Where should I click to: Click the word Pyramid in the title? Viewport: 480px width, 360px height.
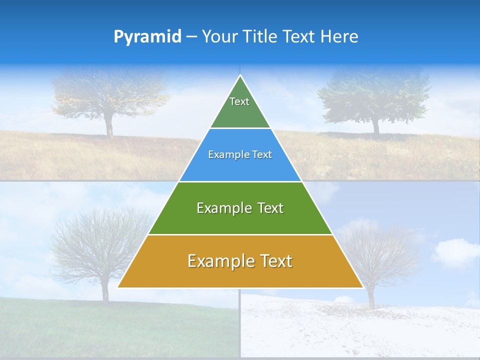pyautogui.click(x=147, y=37)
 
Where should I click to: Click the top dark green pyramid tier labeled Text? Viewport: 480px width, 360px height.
pyautogui.click(x=240, y=107)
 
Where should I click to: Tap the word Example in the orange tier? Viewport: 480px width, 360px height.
pyautogui.click(x=218, y=261)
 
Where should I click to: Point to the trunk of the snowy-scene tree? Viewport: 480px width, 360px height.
pyautogui.click(x=371, y=297)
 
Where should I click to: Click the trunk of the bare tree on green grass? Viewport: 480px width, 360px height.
pyautogui.click(x=105, y=290)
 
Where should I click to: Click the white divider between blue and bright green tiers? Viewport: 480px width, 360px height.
pyautogui.click(x=240, y=181)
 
